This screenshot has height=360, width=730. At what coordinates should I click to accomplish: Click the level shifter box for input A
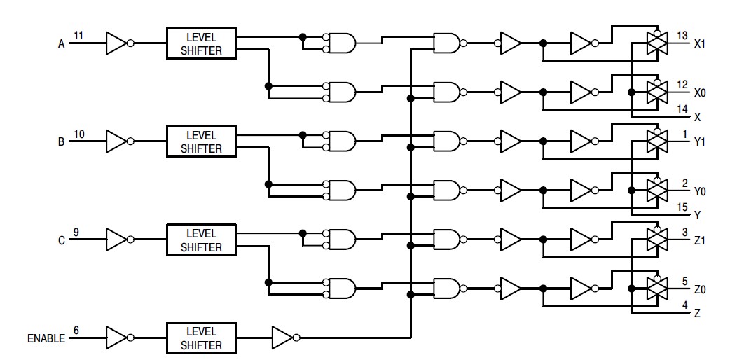click(x=200, y=43)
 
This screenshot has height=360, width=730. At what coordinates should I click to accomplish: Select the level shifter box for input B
click(x=200, y=141)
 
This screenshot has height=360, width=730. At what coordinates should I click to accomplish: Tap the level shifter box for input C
click(x=200, y=240)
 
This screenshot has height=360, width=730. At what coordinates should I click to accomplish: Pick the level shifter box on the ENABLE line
click(x=200, y=338)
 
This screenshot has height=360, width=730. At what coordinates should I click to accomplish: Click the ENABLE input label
click(x=46, y=338)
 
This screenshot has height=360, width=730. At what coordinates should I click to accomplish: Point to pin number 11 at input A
click(x=79, y=34)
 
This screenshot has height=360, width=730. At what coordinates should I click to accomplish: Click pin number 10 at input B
click(x=79, y=132)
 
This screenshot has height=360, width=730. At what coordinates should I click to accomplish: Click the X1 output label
click(x=699, y=43)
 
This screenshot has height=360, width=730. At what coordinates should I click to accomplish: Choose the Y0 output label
click(x=699, y=191)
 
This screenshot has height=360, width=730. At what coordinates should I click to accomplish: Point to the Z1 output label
click(x=699, y=240)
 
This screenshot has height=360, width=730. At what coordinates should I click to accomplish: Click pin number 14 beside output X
click(x=682, y=109)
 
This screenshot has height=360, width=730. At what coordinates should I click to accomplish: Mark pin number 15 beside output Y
click(x=682, y=207)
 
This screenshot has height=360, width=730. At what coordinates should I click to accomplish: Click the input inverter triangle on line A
click(x=116, y=43)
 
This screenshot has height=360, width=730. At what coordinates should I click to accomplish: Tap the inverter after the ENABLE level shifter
click(x=283, y=338)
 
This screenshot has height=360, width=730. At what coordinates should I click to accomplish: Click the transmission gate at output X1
click(x=656, y=43)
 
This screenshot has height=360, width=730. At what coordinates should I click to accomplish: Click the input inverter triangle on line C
click(x=116, y=240)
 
